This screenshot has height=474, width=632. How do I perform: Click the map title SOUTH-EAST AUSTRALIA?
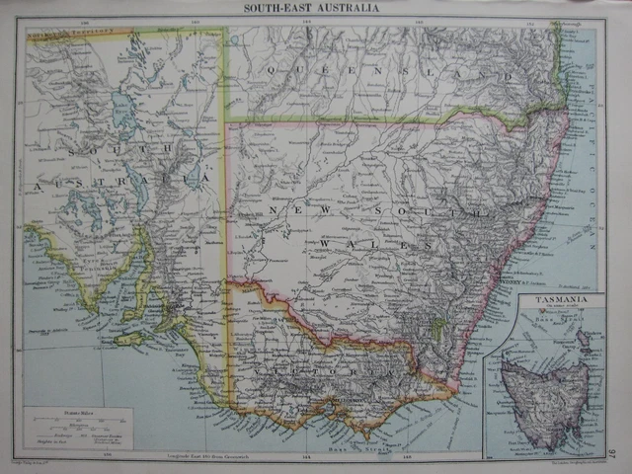pyautogui.click(x=315, y=9)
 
